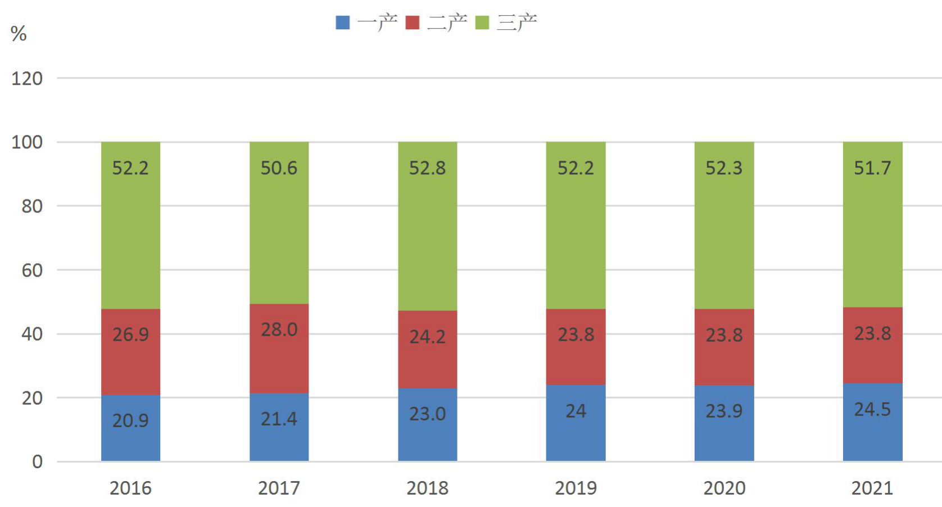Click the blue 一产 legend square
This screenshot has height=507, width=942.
click(343, 22)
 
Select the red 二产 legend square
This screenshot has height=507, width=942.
click(413, 22)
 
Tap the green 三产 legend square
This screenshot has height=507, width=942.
click(482, 22)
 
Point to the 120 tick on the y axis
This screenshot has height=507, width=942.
click(27, 79)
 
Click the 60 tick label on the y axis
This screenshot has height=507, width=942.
click(32, 270)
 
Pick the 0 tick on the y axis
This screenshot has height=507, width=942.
click(38, 461)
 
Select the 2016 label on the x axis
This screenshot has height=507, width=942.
click(130, 488)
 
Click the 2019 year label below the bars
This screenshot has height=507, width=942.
click(576, 488)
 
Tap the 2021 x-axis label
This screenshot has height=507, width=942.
click(872, 488)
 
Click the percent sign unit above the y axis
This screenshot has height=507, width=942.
click(19, 34)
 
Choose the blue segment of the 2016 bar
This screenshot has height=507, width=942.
click(130, 428)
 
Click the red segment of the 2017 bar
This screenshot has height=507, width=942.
click(279, 348)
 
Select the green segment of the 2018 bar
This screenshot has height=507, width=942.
click(428, 226)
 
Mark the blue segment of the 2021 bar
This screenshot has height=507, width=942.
click(873, 422)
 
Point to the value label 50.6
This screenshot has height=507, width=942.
click(279, 168)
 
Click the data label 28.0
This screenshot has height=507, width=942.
click(279, 329)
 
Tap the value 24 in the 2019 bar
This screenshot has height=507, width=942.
click(576, 411)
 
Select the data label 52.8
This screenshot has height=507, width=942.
click(427, 168)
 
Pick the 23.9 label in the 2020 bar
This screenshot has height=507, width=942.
click(724, 411)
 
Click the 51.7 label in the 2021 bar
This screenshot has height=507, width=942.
click(872, 168)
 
